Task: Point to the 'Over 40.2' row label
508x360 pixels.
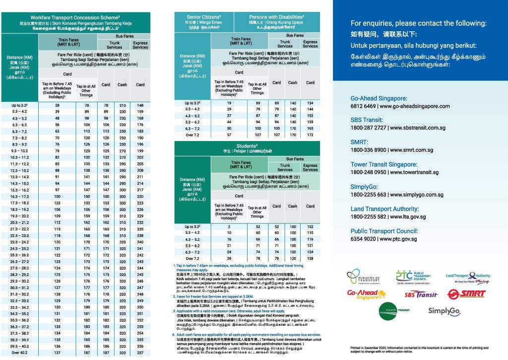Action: (x=20, y=353)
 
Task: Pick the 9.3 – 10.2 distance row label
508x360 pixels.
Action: (x=20, y=150)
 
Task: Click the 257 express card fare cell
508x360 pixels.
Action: (x=140, y=353)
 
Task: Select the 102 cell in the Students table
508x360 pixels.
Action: (x=311, y=226)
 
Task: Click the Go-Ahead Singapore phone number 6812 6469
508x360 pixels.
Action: (x=364, y=106)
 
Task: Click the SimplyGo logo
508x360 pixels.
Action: (x=444, y=311)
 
